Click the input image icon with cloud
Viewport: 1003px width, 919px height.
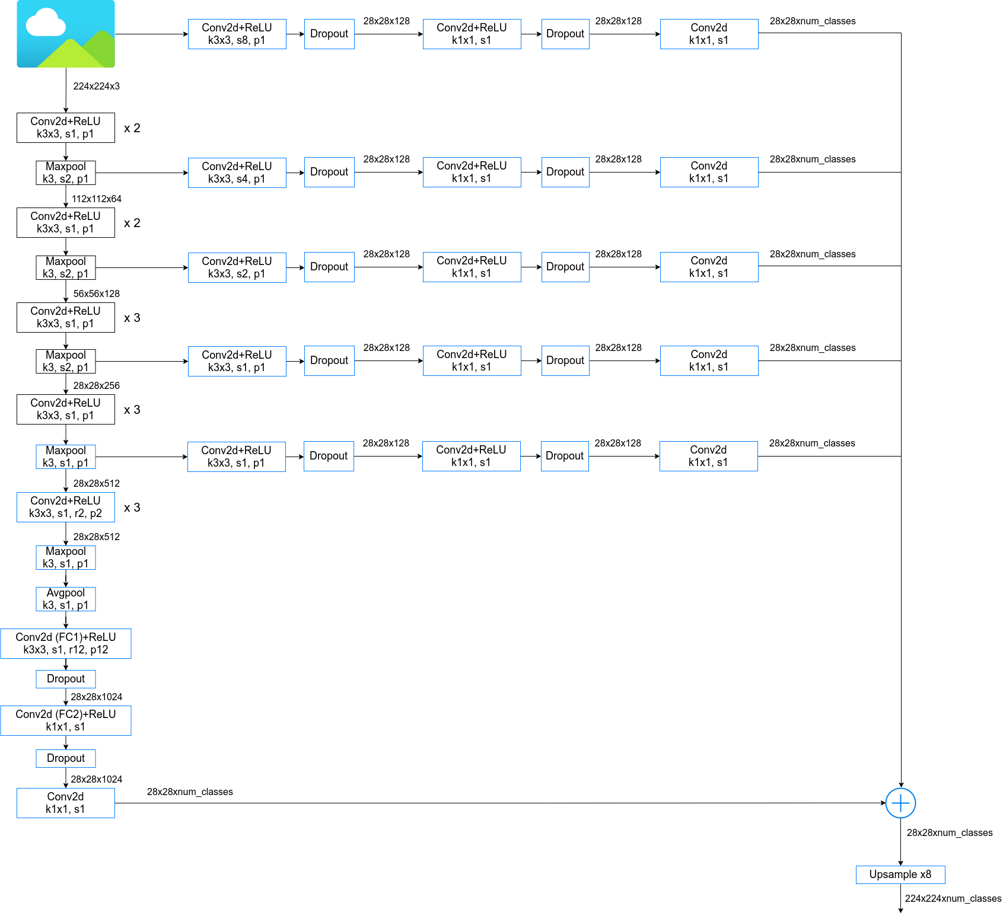66,34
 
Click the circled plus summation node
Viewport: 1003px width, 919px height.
900,803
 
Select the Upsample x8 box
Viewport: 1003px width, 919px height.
900,875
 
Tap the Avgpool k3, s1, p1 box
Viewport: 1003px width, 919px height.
66,599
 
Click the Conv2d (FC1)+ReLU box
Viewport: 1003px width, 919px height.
66,643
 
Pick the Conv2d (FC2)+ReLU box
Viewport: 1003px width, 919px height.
66,720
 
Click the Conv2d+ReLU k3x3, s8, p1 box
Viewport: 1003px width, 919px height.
237,34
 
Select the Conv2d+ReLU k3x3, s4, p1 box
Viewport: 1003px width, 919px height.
237,173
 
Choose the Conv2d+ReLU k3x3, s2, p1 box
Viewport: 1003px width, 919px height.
237,267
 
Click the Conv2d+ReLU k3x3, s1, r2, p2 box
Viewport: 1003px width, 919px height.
66,507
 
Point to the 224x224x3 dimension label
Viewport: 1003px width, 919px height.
96,86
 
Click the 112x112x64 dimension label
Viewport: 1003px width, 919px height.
96,199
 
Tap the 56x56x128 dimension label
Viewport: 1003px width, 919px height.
96,293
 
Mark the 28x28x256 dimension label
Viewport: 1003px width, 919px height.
96,385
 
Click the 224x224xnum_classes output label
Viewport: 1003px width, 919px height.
953,898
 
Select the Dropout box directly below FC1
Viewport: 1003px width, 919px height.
66,679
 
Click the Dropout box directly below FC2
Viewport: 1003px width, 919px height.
66,758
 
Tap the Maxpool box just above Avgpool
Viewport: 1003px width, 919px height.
66,557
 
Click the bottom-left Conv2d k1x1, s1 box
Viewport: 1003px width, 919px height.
66,803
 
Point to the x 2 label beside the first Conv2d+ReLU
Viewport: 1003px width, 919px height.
132,128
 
